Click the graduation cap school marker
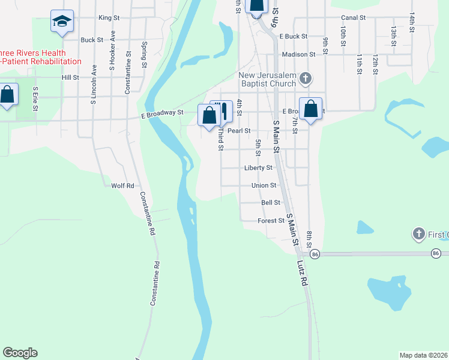(62, 22)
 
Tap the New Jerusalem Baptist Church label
(267, 79)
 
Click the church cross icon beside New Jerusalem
(306, 78)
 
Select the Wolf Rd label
(122, 186)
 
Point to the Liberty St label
(259, 168)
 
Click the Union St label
(264, 185)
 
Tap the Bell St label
(271, 203)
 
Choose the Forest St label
(271, 221)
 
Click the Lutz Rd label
(303, 272)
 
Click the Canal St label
(353, 18)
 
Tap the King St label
(109, 18)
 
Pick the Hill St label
(70, 77)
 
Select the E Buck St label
(293, 37)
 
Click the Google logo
(20, 353)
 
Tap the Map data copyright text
(423, 355)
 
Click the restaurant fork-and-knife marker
(223, 112)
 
